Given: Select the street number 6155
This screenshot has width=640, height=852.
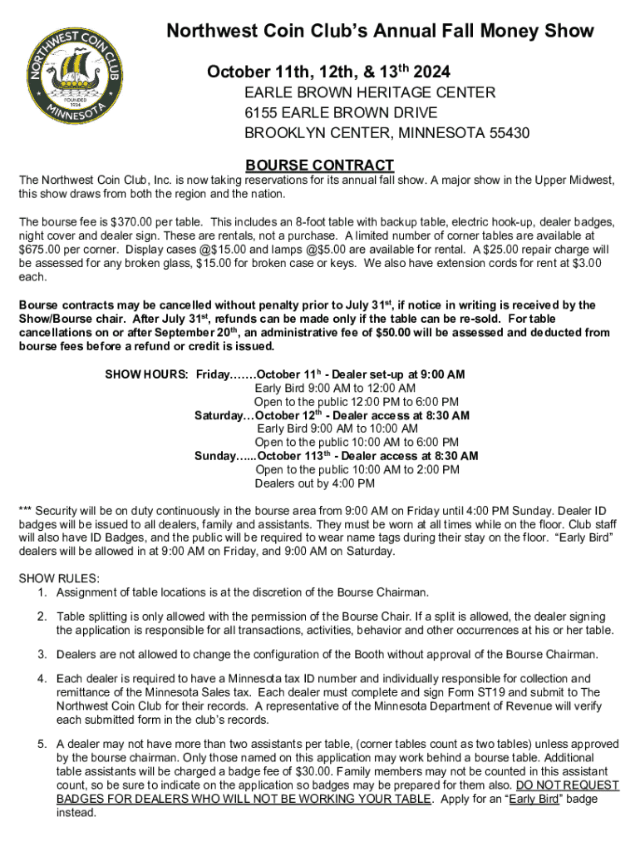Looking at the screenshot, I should click(261, 113).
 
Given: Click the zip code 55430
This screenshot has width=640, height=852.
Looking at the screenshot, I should click(506, 133).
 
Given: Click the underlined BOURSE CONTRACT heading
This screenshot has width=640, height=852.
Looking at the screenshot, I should click(320, 166).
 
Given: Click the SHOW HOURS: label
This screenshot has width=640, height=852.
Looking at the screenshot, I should click(147, 374).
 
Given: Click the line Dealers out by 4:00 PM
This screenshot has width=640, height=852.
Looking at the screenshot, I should click(314, 483).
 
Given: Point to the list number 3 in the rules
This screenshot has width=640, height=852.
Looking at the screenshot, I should click(41, 654).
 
